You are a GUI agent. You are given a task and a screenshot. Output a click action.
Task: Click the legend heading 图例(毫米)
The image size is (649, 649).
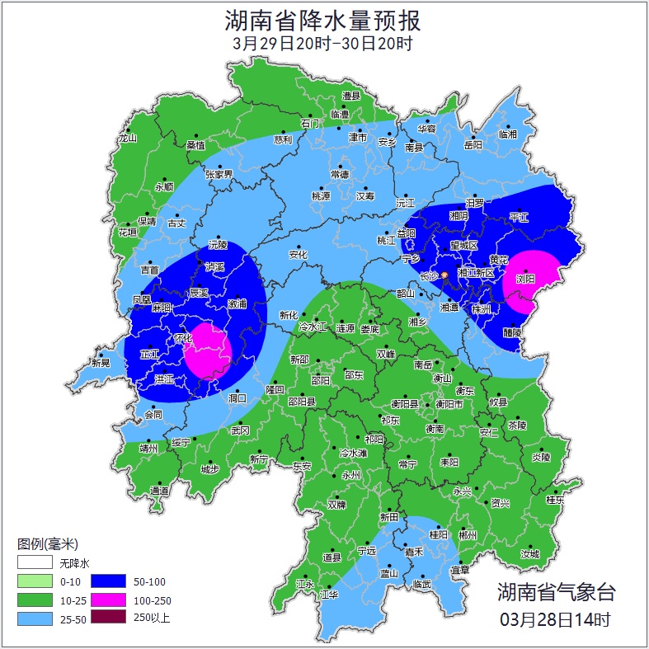click(x=47, y=544)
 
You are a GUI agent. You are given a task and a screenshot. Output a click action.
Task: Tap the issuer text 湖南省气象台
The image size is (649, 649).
click(x=555, y=592)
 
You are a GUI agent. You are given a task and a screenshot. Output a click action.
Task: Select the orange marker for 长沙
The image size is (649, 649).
click(x=444, y=275)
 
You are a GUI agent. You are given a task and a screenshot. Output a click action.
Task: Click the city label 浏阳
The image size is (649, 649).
click(x=525, y=280)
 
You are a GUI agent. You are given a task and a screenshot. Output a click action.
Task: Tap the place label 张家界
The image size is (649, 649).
click(x=219, y=174)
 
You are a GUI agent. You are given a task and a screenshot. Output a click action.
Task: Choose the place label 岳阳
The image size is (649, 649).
click(x=473, y=146)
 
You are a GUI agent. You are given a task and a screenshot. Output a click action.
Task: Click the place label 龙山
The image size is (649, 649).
click(x=127, y=139)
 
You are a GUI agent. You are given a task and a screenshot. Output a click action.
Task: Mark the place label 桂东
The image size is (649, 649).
click(x=555, y=500)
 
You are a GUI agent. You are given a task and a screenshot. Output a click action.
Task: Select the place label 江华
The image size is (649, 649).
click(x=329, y=594)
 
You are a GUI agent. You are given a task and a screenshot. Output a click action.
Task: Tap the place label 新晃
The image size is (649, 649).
click(x=101, y=363)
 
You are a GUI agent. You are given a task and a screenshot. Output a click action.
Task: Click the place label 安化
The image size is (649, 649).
click(x=298, y=255)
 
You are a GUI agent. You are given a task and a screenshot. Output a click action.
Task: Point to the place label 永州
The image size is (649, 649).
click(x=351, y=476)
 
